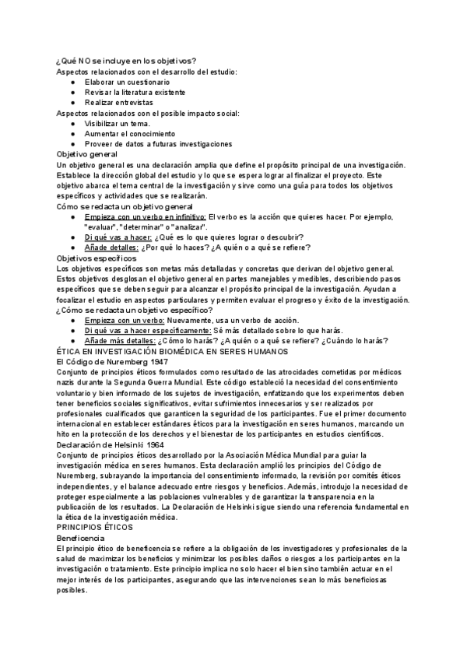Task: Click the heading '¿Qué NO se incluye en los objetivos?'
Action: [x=127, y=61]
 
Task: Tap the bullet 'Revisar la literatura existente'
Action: [x=137, y=92]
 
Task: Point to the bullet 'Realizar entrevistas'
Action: [x=119, y=102]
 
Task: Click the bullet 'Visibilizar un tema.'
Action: [x=118, y=123]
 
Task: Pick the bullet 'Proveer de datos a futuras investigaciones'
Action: [x=159, y=143]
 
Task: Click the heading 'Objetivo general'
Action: [x=87, y=154]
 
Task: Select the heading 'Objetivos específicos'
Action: [x=97, y=258]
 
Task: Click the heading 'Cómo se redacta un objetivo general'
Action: [x=125, y=206]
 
